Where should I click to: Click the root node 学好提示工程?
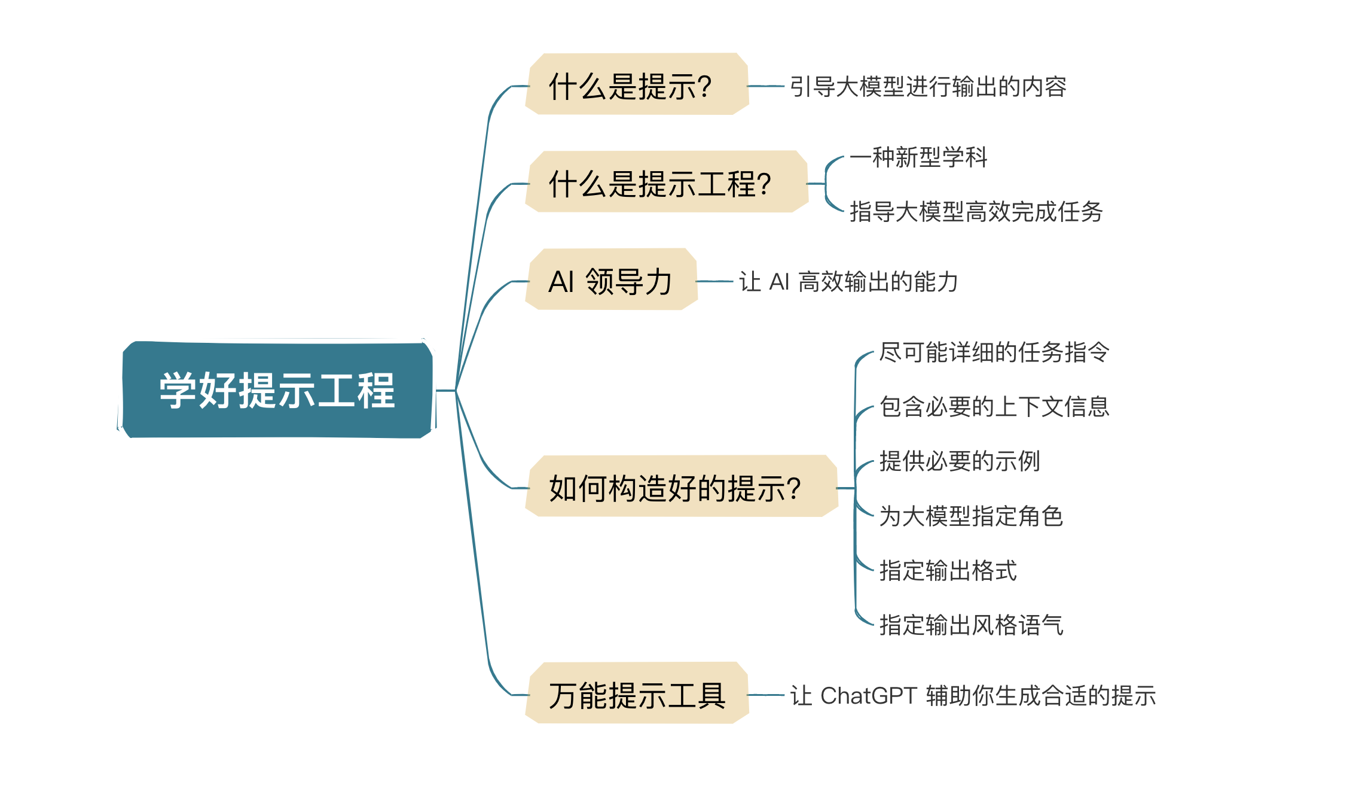tap(277, 390)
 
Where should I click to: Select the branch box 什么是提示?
tap(637, 84)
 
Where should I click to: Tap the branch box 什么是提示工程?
tap(667, 181)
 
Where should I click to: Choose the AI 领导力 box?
tap(611, 279)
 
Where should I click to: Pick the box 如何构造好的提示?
tap(682, 486)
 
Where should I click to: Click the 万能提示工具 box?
tap(637, 693)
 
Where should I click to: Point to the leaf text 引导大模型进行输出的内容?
tap(928, 87)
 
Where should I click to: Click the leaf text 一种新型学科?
tap(918, 157)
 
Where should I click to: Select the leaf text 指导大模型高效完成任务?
tap(976, 212)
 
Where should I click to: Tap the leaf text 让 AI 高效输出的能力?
tap(848, 282)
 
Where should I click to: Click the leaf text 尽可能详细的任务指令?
tap(994, 352)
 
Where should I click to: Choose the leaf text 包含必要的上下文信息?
tap(994, 407)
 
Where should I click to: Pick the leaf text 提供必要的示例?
tap(960, 461)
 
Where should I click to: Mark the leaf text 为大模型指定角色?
tap(971, 516)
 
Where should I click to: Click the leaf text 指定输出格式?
tap(948, 571)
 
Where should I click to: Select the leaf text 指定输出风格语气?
tap(971, 625)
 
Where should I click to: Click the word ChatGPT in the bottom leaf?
tap(869, 696)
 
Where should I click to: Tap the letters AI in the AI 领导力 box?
tap(561, 282)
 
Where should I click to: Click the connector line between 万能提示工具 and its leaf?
tap(766, 695)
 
